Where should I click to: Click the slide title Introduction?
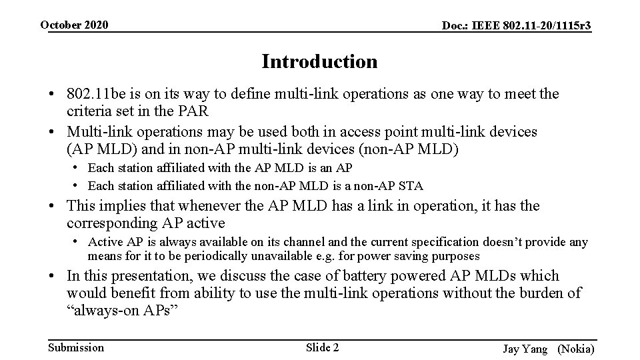(x=319, y=62)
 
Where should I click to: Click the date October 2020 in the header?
(x=73, y=25)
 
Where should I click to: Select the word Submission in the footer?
(x=77, y=347)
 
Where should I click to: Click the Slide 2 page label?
(x=322, y=347)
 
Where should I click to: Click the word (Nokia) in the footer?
(x=576, y=349)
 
